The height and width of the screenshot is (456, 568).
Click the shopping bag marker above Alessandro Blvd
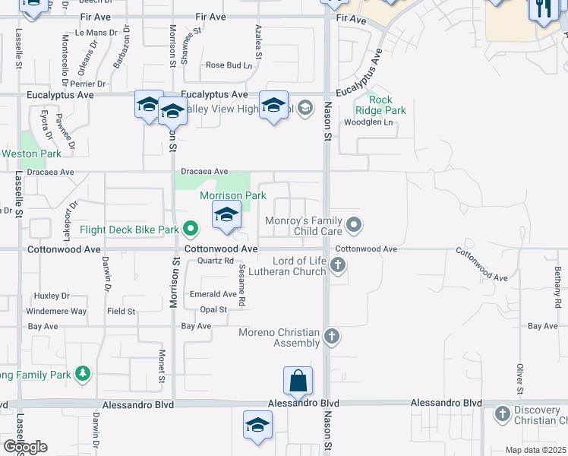click(298, 381)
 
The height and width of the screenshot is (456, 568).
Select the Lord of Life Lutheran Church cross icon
click(339, 265)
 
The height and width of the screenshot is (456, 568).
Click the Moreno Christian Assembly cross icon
click(330, 335)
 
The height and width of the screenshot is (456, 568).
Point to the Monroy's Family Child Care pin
click(353, 224)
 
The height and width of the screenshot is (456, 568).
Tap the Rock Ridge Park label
click(387, 105)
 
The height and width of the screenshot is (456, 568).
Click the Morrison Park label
click(232, 195)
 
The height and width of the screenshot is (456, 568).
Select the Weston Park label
click(31, 154)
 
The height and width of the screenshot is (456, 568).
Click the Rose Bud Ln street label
click(229, 65)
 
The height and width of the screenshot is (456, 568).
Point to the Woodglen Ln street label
click(368, 122)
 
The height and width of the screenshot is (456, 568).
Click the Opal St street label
click(213, 309)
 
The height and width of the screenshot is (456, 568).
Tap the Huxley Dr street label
click(52, 296)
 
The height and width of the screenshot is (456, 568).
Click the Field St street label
click(121, 311)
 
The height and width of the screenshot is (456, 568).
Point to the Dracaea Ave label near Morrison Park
click(204, 172)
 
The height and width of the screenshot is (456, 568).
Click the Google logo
click(25, 447)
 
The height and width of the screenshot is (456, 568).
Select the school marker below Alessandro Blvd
click(257, 425)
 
